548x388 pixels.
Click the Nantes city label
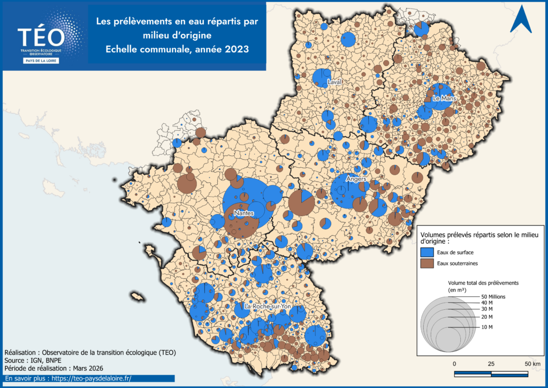click(243, 213)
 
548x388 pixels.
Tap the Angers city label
click(356, 179)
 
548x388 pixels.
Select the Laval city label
click(335, 82)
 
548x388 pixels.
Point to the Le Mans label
click(443, 99)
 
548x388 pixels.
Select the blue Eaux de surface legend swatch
click(427, 251)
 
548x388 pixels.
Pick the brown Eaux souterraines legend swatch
click(427, 263)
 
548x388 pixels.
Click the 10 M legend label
click(486, 327)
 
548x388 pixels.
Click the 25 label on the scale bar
click(491, 364)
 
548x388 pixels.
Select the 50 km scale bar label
click(532, 364)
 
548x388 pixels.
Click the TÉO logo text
click(41, 37)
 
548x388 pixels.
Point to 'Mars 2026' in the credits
click(86, 369)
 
